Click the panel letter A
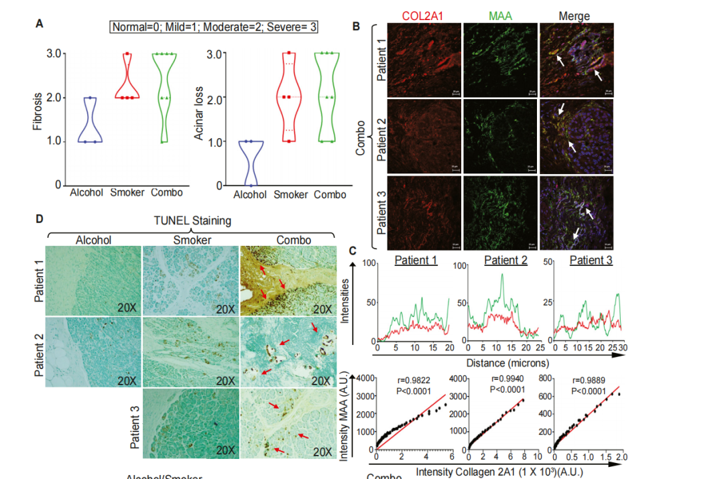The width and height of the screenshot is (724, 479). coord(40,23)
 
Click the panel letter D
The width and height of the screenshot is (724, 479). coord(40,218)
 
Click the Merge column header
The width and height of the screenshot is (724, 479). coord(575,15)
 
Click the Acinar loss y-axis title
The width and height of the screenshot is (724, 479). coord(198,119)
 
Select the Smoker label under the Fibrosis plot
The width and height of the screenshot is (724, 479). coord(127,192)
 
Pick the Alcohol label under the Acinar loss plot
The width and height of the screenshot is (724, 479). coord(251,195)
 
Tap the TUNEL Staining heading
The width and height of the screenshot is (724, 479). coord(192,220)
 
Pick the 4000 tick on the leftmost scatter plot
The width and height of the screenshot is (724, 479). coord(363,378)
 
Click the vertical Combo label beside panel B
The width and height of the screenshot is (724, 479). coord(361,137)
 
